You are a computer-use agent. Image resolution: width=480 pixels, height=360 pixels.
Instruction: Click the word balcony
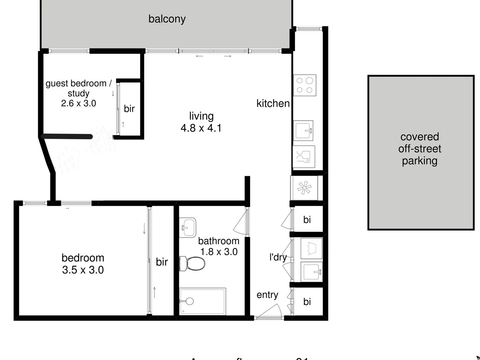167,19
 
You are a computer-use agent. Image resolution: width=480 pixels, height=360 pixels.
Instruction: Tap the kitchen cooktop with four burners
305,85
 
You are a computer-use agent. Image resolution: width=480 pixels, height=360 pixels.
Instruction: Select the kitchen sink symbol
303,130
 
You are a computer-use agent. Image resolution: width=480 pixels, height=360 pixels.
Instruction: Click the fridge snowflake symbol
304,188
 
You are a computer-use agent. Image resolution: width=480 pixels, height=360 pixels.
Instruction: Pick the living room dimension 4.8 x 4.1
201,128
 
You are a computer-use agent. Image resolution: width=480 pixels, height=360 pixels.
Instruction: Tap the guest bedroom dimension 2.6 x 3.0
78,103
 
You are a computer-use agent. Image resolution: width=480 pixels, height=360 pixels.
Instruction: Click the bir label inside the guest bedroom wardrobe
129,109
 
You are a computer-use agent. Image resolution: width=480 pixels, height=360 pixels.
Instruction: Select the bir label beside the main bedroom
162,262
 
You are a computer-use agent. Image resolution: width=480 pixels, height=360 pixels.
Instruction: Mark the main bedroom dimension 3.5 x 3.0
83,270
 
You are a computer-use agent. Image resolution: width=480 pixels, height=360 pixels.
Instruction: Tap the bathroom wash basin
187,227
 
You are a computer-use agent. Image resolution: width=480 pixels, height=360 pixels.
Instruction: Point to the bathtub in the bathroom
203,301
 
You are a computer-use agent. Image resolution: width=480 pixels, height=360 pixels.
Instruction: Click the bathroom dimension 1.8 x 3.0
219,252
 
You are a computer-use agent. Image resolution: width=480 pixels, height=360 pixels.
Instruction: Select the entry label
267,295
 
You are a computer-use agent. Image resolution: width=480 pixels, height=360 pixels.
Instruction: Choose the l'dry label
278,257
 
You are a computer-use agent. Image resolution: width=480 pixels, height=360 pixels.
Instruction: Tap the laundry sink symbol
311,272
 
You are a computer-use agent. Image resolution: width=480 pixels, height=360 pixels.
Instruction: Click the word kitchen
273,104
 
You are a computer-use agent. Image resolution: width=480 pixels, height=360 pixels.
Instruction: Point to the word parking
419,161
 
